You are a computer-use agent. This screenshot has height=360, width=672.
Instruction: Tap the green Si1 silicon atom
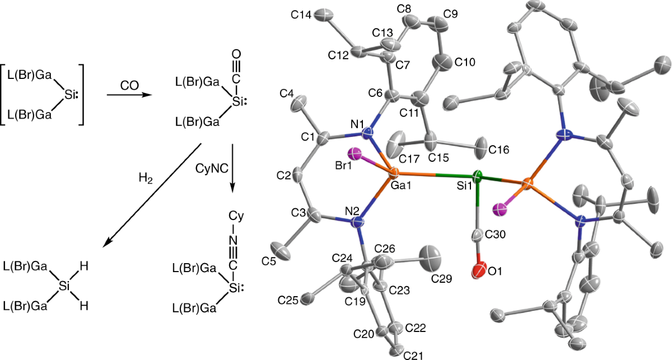[x=477, y=177]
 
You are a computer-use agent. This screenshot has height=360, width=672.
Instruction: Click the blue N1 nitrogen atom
[x=367, y=134]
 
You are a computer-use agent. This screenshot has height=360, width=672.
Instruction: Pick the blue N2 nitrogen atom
[x=358, y=222]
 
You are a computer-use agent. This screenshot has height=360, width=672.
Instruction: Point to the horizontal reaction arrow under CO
[x=128, y=95]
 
